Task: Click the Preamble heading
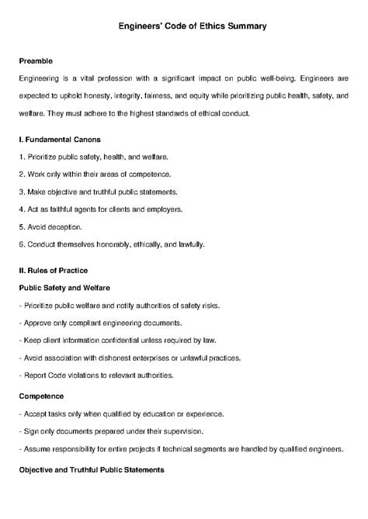pos(36,61)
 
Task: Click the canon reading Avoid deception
pos(54,227)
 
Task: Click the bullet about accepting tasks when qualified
pos(121,413)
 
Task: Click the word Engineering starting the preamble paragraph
pos(43,78)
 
